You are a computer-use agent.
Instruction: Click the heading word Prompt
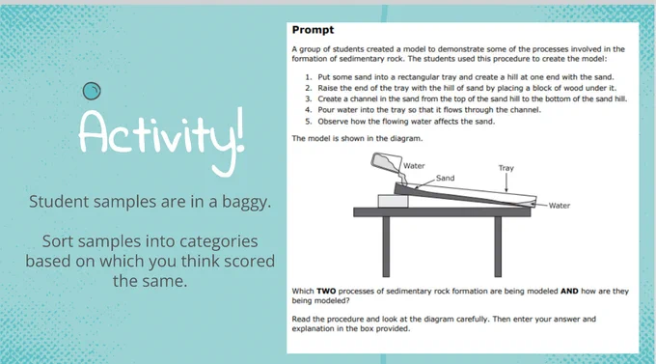pos(313,30)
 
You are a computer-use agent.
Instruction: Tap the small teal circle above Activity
pos(92,91)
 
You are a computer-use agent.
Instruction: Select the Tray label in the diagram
pos(506,168)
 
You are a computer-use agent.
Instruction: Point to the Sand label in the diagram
pos(445,178)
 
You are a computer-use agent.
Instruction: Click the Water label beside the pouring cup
pos(414,166)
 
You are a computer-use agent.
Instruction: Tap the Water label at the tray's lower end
pos(560,206)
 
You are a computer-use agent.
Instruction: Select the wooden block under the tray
pos(393,201)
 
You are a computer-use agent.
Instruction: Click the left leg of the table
pos(386,246)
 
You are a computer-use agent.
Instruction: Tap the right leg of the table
pos(498,246)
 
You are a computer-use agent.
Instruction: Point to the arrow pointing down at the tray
pos(506,182)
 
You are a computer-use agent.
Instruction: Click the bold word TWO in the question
pos(326,292)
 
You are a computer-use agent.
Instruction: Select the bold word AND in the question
pos(569,292)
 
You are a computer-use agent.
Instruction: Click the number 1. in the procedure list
pos(309,77)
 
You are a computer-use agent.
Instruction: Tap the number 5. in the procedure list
pos(309,122)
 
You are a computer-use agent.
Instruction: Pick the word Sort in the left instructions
pos(58,241)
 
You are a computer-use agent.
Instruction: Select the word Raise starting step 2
pos(327,88)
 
